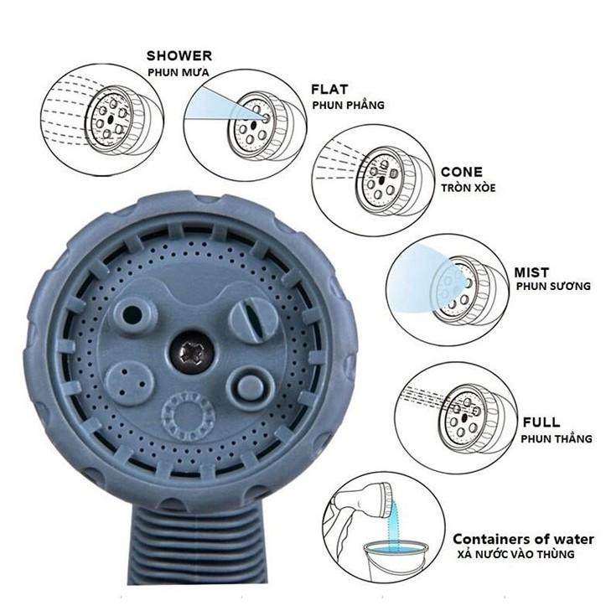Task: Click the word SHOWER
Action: (179, 55)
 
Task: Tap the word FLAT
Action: (329, 89)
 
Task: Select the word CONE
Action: (462, 172)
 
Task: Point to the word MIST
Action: (531, 272)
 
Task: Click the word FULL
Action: (541, 422)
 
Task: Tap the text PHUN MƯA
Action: (179, 72)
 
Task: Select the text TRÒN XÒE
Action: (469, 188)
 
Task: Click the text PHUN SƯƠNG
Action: (553, 286)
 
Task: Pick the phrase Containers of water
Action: (523, 539)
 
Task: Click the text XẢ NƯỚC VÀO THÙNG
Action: (516, 554)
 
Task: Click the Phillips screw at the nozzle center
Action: (191, 352)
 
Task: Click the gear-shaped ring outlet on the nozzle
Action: (189, 417)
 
